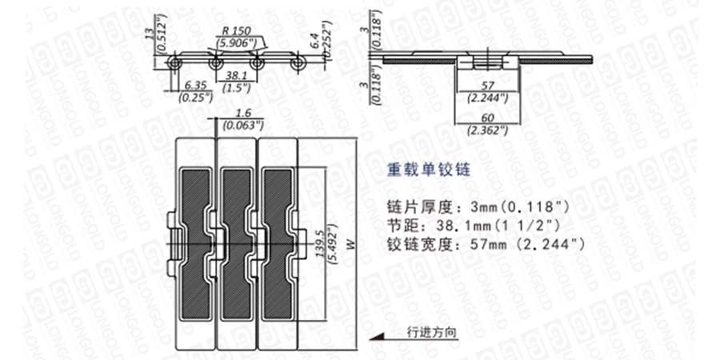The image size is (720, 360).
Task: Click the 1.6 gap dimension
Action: coord(238,114)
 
